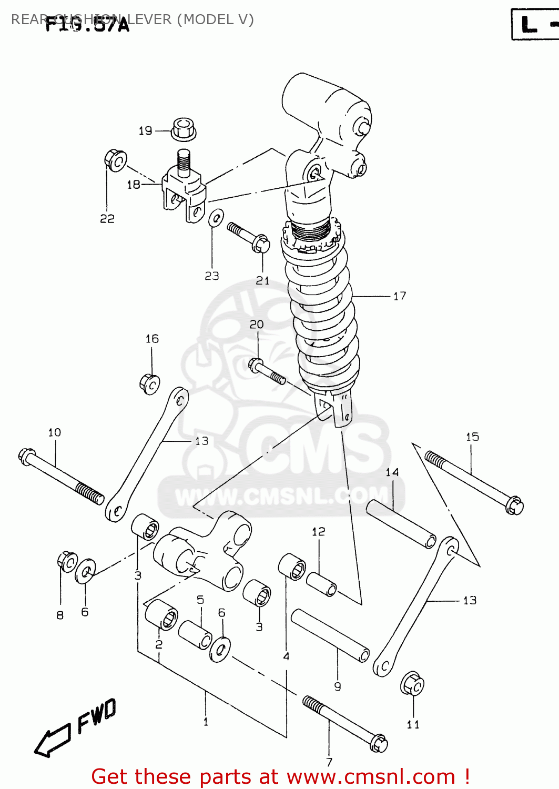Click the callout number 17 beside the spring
400,296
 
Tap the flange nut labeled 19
184,129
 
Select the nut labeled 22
115,160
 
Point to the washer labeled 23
216,218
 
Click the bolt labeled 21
249,237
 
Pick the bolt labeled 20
267,371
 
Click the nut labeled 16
150,383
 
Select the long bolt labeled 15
474,482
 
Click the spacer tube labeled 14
401,524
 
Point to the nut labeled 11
412,684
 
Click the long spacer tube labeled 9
330,635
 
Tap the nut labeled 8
67,562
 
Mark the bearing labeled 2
161,614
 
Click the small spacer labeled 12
321,584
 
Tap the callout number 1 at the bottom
206,722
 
